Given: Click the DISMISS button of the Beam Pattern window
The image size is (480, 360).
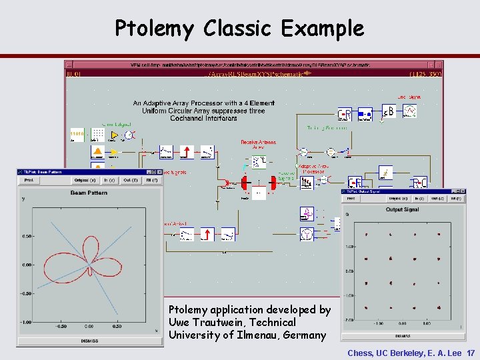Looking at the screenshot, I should tap(89, 341).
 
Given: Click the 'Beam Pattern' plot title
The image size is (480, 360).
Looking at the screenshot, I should tap(89, 193).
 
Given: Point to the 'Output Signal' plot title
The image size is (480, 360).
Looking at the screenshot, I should tap(403, 210).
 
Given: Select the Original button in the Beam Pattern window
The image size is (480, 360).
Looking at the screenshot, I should tap(85, 180).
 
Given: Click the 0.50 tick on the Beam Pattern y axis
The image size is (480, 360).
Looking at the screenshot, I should tap(27, 236).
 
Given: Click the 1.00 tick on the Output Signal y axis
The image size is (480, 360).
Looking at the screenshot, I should tap(349, 247).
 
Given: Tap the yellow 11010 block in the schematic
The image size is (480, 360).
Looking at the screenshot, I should tap(77, 135).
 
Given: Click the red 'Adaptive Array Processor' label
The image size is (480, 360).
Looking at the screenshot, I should tap(314, 168).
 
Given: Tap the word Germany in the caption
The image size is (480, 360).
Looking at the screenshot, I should tap(305, 335).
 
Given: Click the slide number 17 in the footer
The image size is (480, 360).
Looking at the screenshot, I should tap(471, 353).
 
